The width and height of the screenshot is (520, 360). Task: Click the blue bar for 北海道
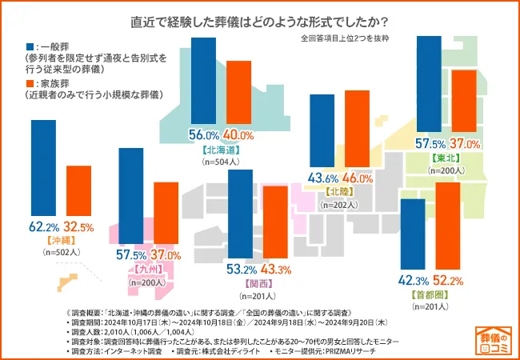(204, 79)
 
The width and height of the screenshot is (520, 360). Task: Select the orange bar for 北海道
(239, 92)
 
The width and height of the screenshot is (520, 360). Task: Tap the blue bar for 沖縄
(42, 169)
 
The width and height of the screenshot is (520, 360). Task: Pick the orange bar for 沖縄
(78, 191)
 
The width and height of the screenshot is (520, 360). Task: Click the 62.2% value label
(44, 227)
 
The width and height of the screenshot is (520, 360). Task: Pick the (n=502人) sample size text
(61, 252)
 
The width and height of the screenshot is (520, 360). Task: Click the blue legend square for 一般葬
(30, 46)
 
